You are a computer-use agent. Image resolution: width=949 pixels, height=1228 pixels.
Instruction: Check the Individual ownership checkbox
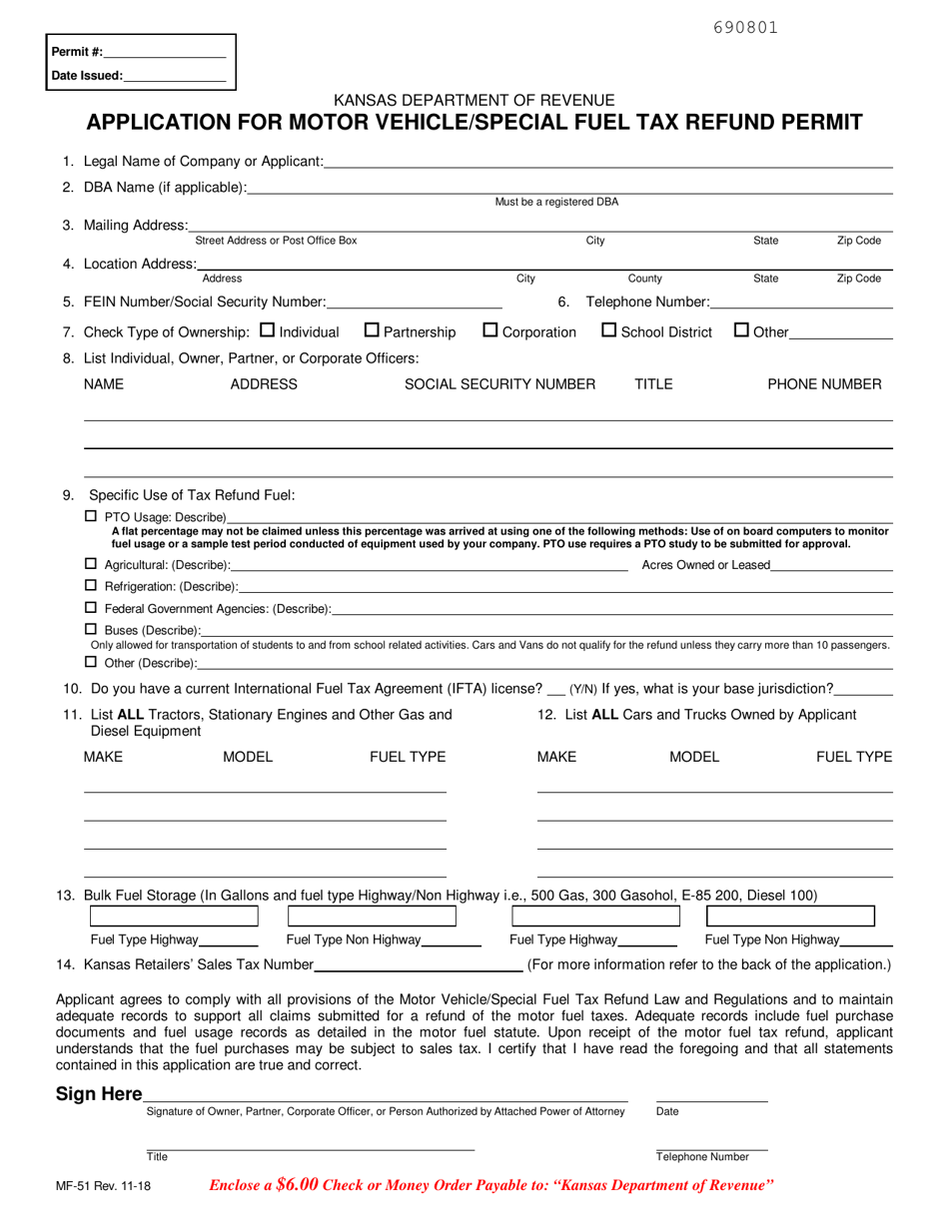(x=267, y=330)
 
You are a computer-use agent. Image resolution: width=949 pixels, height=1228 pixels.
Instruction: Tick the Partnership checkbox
(x=371, y=330)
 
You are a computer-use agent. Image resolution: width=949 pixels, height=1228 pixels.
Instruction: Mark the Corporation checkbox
(x=489, y=330)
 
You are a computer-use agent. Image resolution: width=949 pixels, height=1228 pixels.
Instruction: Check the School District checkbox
(x=608, y=330)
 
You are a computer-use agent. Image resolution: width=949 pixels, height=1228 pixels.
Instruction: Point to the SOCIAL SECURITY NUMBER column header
(x=499, y=384)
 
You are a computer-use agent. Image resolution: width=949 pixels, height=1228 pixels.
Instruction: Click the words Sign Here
(x=99, y=1094)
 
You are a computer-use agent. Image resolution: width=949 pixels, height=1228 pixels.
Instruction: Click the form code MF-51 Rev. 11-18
(x=104, y=1187)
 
